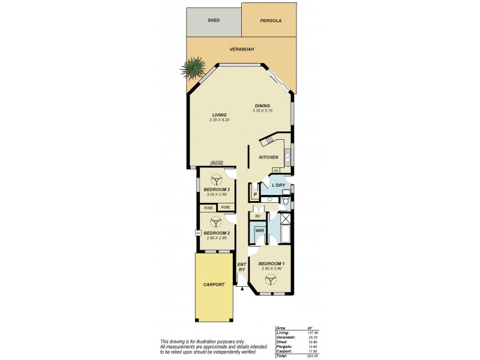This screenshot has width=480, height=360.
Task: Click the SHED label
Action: click(x=213, y=20)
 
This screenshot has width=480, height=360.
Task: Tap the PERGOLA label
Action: click(x=271, y=20)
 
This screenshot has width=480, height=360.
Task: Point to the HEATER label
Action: click(x=217, y=162)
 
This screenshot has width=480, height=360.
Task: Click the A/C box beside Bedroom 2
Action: click(x=197, y=233)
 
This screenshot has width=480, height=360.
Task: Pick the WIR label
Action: click(x=260, y=230)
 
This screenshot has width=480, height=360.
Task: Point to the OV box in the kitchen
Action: click(x=277, y=171)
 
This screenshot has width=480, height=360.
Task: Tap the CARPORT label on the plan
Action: click(x=213, y=285)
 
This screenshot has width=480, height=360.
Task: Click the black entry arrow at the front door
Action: click(x=242, y=289)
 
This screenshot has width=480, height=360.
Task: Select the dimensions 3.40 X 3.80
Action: click(x=272, y=268)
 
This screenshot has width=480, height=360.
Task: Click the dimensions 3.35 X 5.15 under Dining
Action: click(x=263, y=111)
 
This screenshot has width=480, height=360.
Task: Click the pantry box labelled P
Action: click(x=254, y=195)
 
